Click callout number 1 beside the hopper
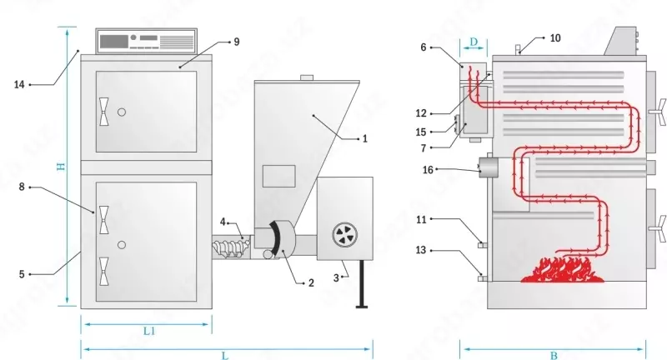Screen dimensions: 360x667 (x=364, y=139)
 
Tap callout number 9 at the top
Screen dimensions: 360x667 (x=237, y=40)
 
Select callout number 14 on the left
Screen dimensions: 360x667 (x=19, y=83)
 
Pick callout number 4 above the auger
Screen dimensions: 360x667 (x=223, y=222)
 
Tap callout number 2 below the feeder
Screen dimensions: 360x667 (x=310, y=283)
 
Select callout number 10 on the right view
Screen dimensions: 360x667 (x=556, y=37)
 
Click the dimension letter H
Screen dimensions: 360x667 (x=61, y=167)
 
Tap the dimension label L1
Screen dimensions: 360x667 (x=148, y=332)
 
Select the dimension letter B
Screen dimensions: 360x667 (x=554, y=354)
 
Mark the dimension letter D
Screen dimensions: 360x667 (x=474, y=41)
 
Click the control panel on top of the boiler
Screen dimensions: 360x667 (x=146, y=41)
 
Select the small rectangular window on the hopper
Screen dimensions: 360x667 (x=278, y=175)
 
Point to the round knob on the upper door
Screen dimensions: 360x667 (x=122, y=112)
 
